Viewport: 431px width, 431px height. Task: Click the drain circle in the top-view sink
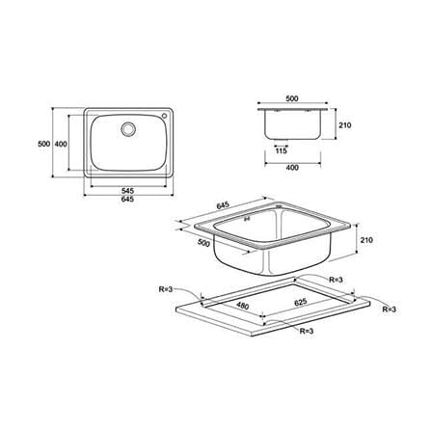pos(128,129)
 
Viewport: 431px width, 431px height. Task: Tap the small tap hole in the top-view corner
pos(165,116)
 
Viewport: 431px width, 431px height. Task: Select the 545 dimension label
pos(127,191)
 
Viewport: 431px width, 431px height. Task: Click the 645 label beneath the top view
pos(127,199)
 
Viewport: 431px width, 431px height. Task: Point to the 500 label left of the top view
pos(44,144)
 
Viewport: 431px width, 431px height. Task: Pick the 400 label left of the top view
pos(61,144)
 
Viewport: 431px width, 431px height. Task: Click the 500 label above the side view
pos(292,98)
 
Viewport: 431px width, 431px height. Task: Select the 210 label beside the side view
pos(345,125)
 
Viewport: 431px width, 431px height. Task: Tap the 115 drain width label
pos(282,150)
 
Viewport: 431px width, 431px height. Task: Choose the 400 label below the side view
pos(292,168)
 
